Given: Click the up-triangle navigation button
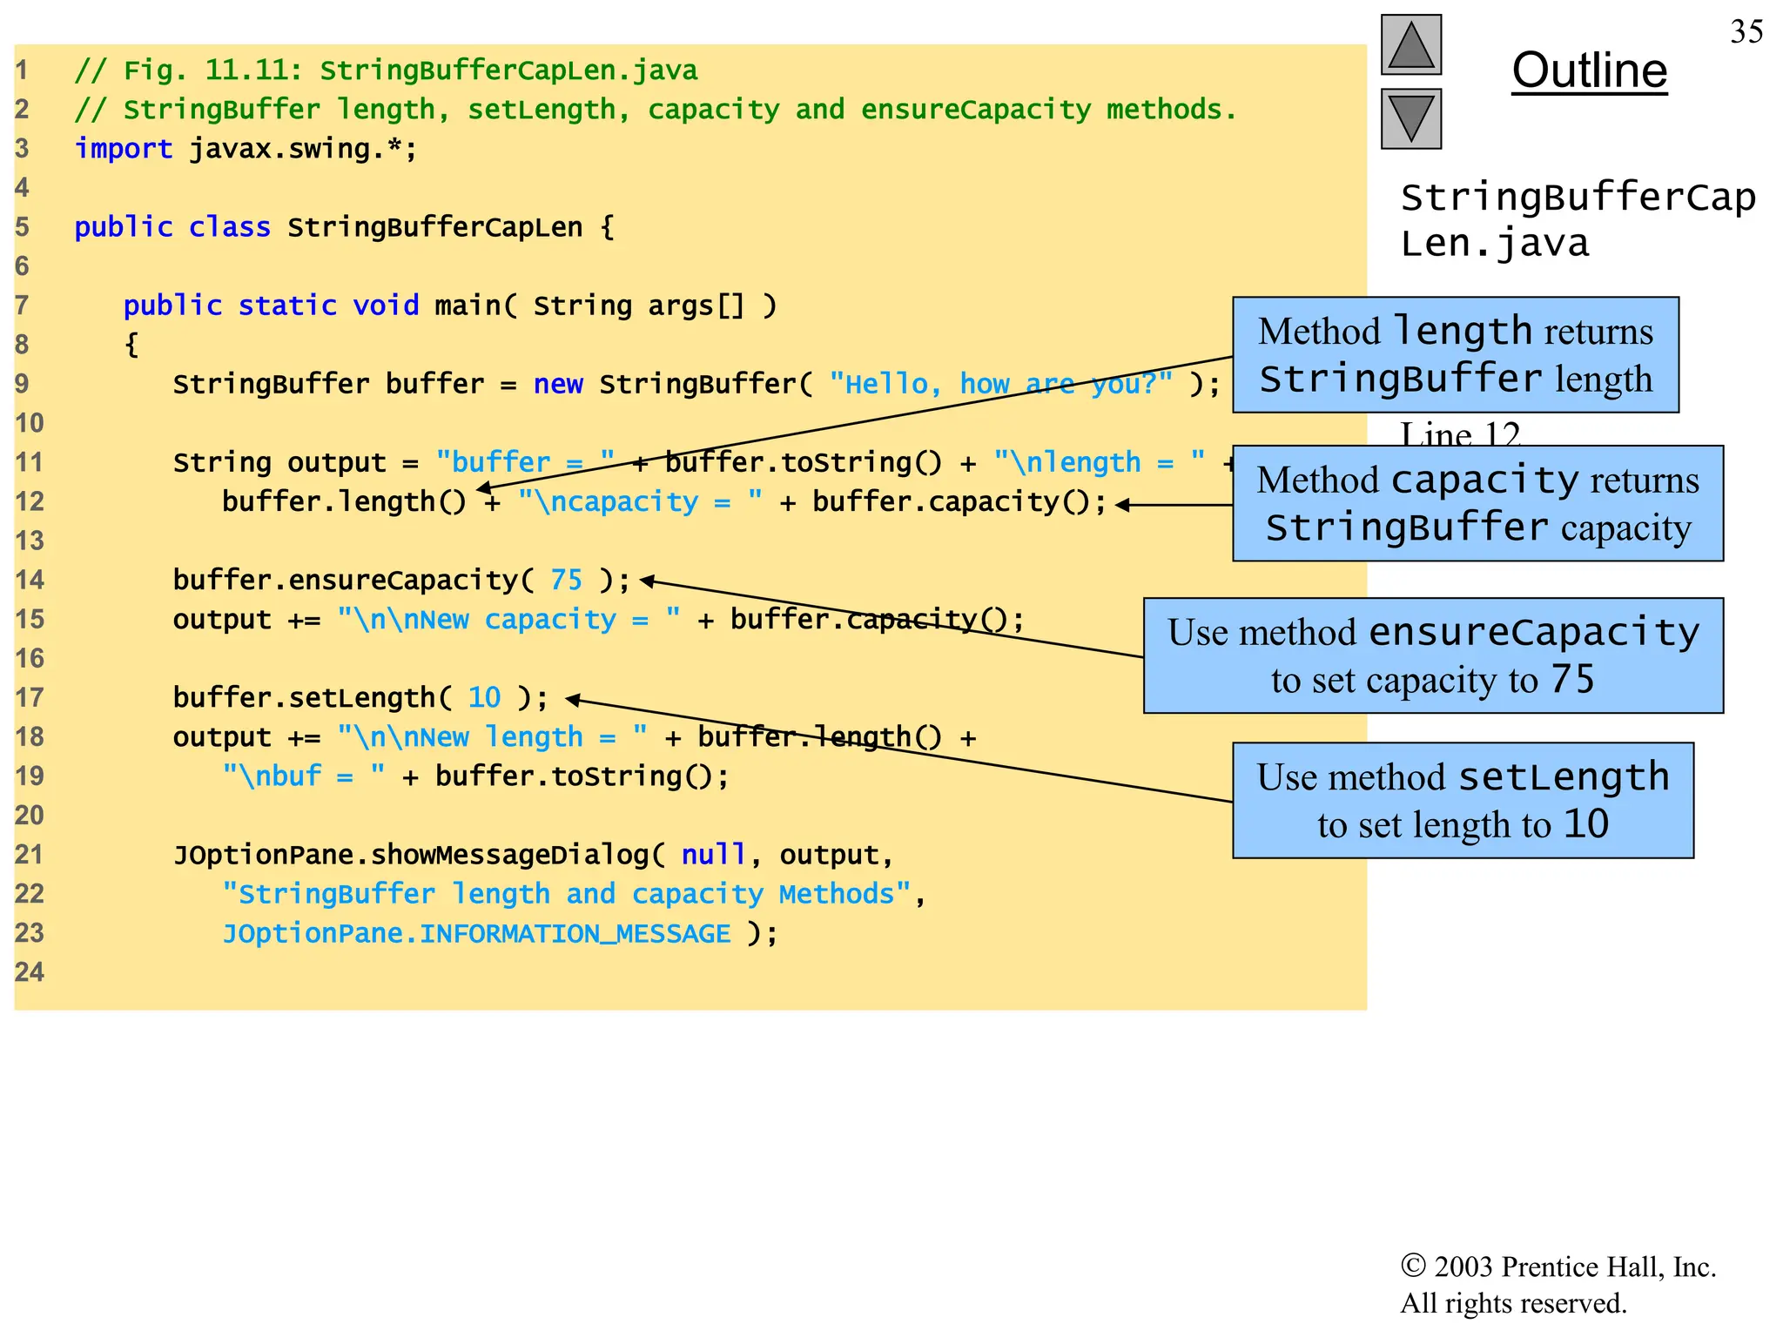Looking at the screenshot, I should point(1410,45).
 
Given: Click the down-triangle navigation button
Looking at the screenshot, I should point(1410,118).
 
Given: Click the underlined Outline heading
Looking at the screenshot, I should point(1589,71).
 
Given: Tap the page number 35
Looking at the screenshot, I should point(1746,32).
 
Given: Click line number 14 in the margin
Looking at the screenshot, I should point(29,580).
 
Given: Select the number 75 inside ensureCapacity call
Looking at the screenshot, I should point(566,580).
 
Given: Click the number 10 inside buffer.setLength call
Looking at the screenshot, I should point(484,697).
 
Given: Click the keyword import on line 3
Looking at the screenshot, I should point(123,149).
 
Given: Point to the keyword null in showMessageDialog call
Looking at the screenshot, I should point(713,855).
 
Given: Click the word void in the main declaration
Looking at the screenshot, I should point(385,306).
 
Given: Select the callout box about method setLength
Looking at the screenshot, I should point(1463,800).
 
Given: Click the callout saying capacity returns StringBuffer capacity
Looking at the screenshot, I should point(1477,503).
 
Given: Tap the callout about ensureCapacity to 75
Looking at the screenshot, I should point(1432,655).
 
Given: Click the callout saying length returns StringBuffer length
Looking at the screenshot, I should point(1455,354).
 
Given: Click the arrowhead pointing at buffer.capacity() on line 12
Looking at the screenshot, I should point(1122,504).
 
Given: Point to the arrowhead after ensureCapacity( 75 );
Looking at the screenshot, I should point(647,581).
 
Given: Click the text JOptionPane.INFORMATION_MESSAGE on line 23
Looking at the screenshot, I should point(476,933).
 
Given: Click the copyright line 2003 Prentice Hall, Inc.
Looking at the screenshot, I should point(1558,1266).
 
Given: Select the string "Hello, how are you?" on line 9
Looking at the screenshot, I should point(1001,384).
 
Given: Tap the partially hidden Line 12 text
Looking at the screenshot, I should point(1459,433).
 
